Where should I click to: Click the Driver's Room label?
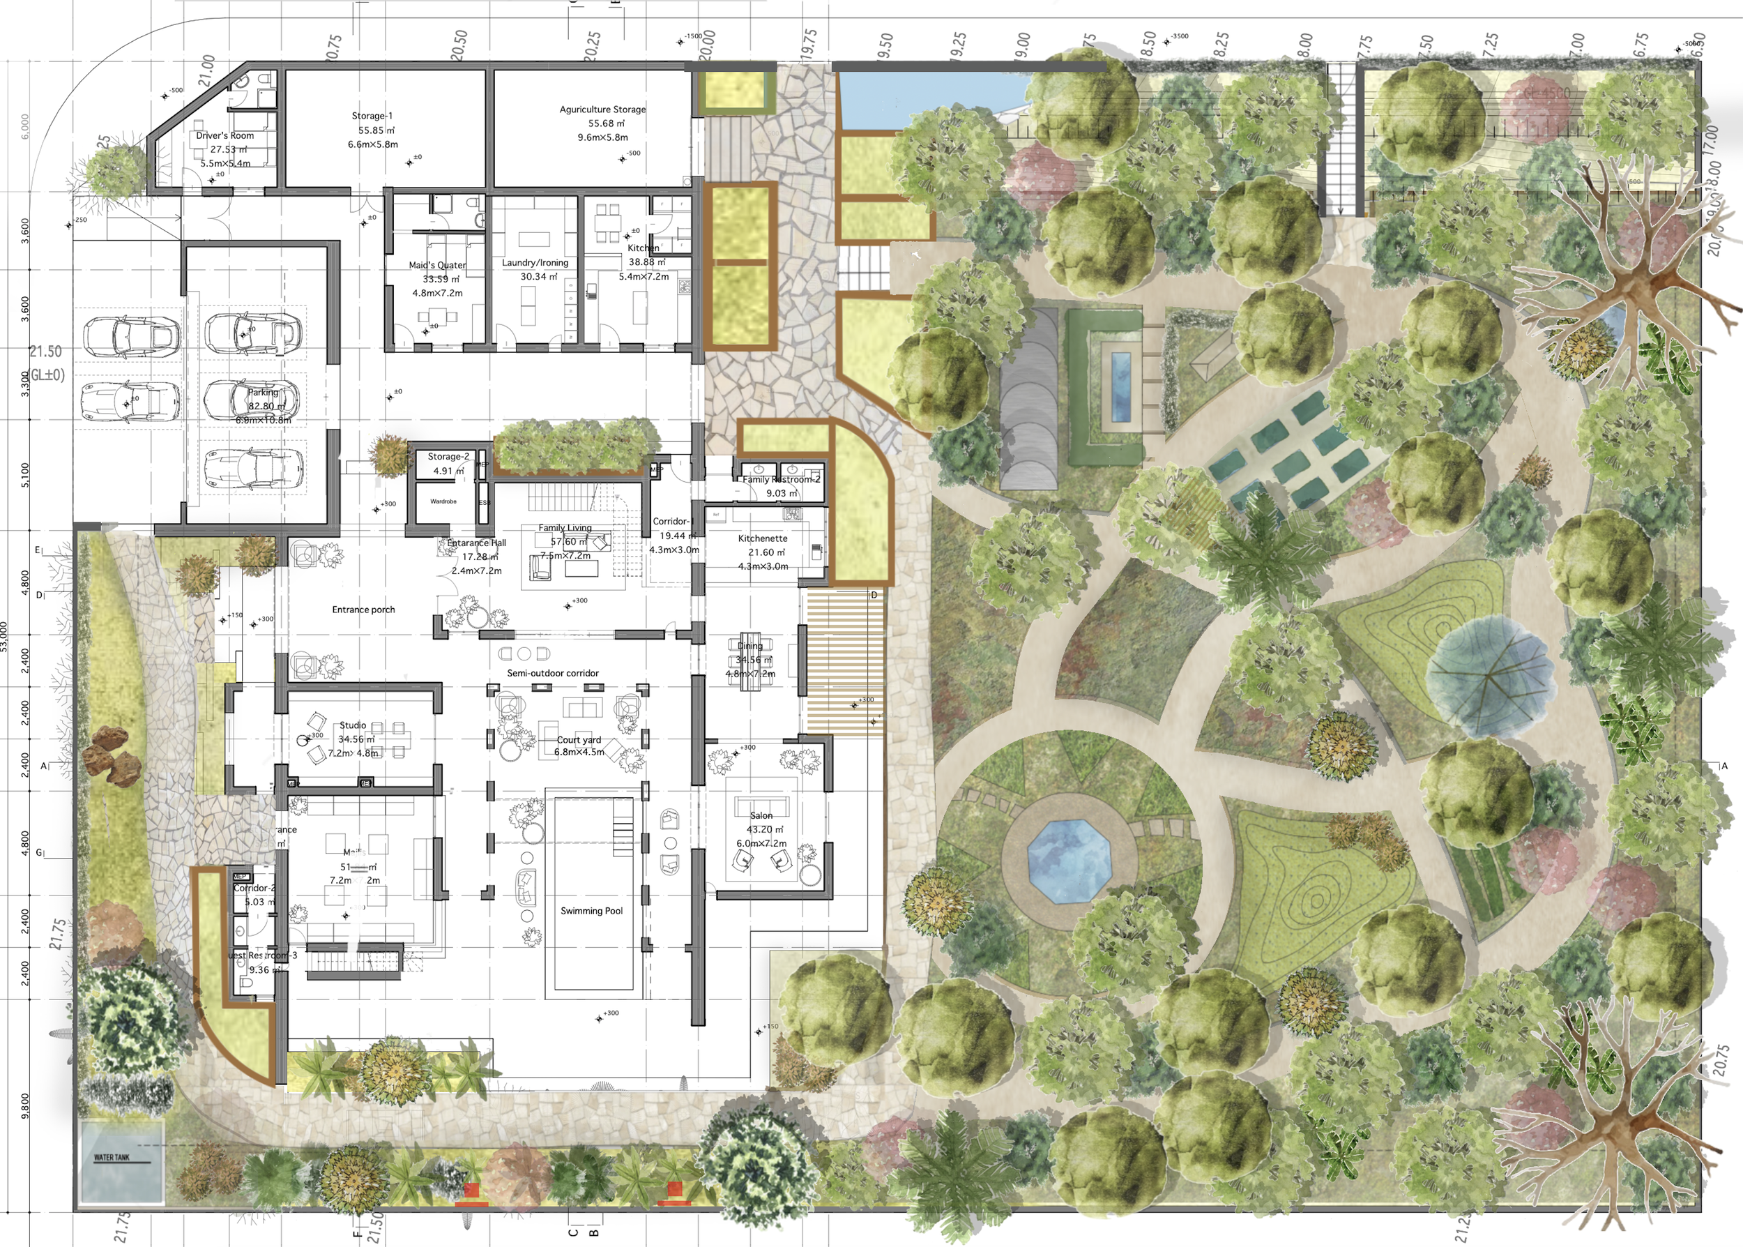click(x=225, y=136)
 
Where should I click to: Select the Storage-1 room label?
click(x=372, y=116)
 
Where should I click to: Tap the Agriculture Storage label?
click(x=602, y=109)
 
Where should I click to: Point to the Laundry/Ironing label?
click(x=535, y=263)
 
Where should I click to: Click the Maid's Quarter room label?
click(x=437, y=266)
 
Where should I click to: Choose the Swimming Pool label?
click(x=592, y=912)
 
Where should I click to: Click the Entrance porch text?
click(x=364, y=610)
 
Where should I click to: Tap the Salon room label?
click(x=761, y=815)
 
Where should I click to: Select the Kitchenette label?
click(x=763, y=539)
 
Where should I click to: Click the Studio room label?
click(x=353, y=725)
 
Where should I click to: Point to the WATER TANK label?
click(x=112, y=1157)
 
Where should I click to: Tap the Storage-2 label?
click(x=448, y=457)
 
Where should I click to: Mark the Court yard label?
click(x=579, y=740)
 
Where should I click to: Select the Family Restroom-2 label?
click(x=782, y=480)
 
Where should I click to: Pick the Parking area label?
click(x=262, y=393)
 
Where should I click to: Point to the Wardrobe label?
click(x=443, y=501)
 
